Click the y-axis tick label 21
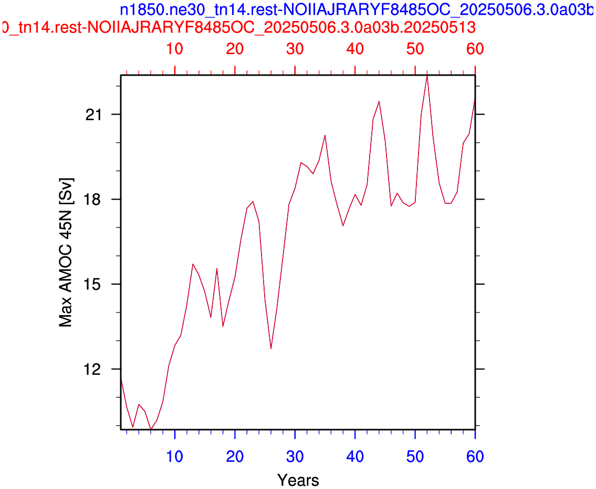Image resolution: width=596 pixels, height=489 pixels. [x=93, y=115]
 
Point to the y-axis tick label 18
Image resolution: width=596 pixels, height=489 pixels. [x=93, y=199]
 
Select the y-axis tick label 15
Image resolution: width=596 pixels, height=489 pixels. [x=93, y=284]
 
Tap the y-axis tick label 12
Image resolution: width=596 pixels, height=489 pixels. [x=93, y=369]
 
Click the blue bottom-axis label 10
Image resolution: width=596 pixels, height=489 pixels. [x=175, y=456]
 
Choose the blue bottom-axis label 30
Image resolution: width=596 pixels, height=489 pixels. [x=295, y=456]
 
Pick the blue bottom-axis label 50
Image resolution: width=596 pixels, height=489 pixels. [x=415, y=456]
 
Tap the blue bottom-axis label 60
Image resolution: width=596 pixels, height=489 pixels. [x=475, y=456]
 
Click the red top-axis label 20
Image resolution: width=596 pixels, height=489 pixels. [x=235, y=49]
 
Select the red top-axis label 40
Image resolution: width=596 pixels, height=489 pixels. [x=355, y=49]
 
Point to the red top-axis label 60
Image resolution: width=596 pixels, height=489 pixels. [x=475, y=49]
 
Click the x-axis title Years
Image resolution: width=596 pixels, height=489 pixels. [x=298, y=480]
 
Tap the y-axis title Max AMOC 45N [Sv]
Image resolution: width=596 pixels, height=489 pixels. [x=66, y=252]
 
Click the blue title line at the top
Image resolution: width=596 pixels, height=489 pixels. [x=357, y=11]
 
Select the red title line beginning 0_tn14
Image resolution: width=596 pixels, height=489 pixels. [x=239, y=27]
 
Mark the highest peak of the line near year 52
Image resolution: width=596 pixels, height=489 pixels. [x=427, y=76]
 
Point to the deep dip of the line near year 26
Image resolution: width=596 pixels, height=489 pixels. [x=271, y=348]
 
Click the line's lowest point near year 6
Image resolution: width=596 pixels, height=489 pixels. [x=151, y=429]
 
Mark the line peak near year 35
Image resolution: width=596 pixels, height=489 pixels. [x=325, y=136]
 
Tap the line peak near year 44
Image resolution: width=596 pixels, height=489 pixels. [x=379, y=101]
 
